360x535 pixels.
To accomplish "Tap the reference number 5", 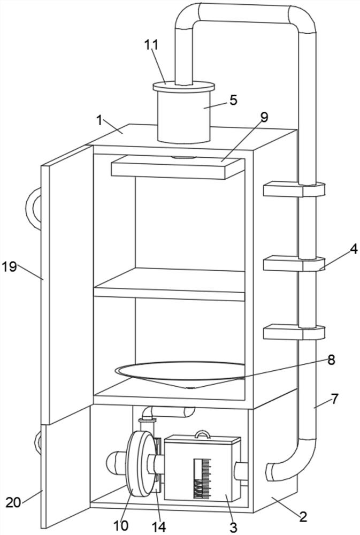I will coord(233,100).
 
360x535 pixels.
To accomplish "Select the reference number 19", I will coord(10,267).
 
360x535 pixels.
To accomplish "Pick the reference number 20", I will coord(13,502).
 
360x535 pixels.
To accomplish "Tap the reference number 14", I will coord(158,526).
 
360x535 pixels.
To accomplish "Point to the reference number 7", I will coord(335,399).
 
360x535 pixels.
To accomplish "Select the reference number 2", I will coord(303,517).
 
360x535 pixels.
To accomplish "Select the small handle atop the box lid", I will coord(202,435).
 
